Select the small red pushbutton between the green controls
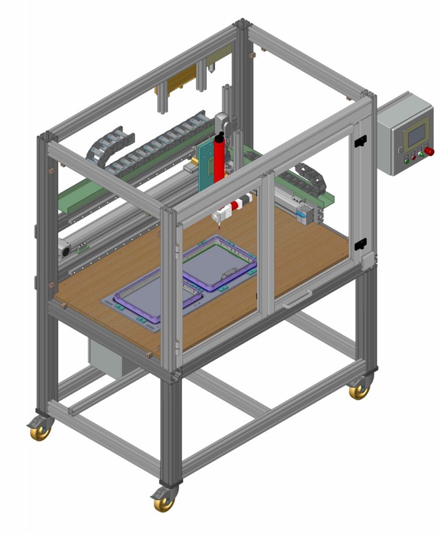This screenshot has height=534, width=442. coord(414,157)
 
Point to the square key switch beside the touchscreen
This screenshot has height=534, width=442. coord(400,149)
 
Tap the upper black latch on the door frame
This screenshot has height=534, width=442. coord(360,140)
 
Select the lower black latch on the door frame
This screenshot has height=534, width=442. coord(359,245)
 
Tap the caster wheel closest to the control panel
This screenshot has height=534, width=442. coord(359,391)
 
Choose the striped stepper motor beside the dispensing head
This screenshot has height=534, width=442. coord(245,201)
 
